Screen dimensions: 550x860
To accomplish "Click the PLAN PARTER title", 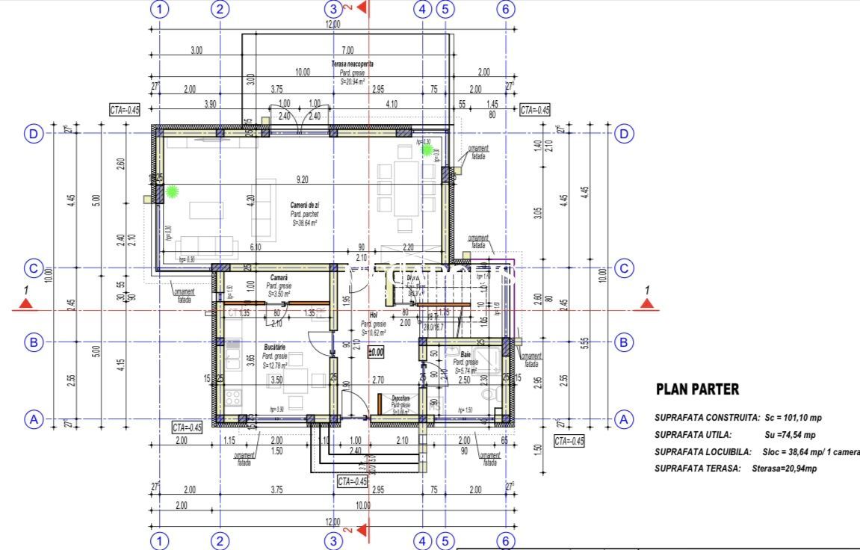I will pos(697,389).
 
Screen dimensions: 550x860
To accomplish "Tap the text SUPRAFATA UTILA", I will pos(693,435).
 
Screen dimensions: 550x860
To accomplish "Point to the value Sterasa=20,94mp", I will pos(784,469).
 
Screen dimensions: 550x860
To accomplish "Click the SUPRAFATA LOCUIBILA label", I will pos(702,452).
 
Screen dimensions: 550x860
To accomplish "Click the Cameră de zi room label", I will pos(307,205).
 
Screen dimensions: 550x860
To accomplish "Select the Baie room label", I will pos(465,354).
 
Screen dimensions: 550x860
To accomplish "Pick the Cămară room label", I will pos(279,278).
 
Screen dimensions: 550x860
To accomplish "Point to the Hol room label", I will pos(374,315).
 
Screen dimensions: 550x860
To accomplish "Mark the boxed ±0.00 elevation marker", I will pos(375,351).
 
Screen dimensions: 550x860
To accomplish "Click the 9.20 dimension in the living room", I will pos(303,179).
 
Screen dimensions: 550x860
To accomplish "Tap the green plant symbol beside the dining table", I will pos(428,149).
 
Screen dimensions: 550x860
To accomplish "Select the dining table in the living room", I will pos(407,188).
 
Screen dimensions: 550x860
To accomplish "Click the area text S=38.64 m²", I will pos(304,222).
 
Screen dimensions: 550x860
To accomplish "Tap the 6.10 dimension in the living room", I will pos(255,247).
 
